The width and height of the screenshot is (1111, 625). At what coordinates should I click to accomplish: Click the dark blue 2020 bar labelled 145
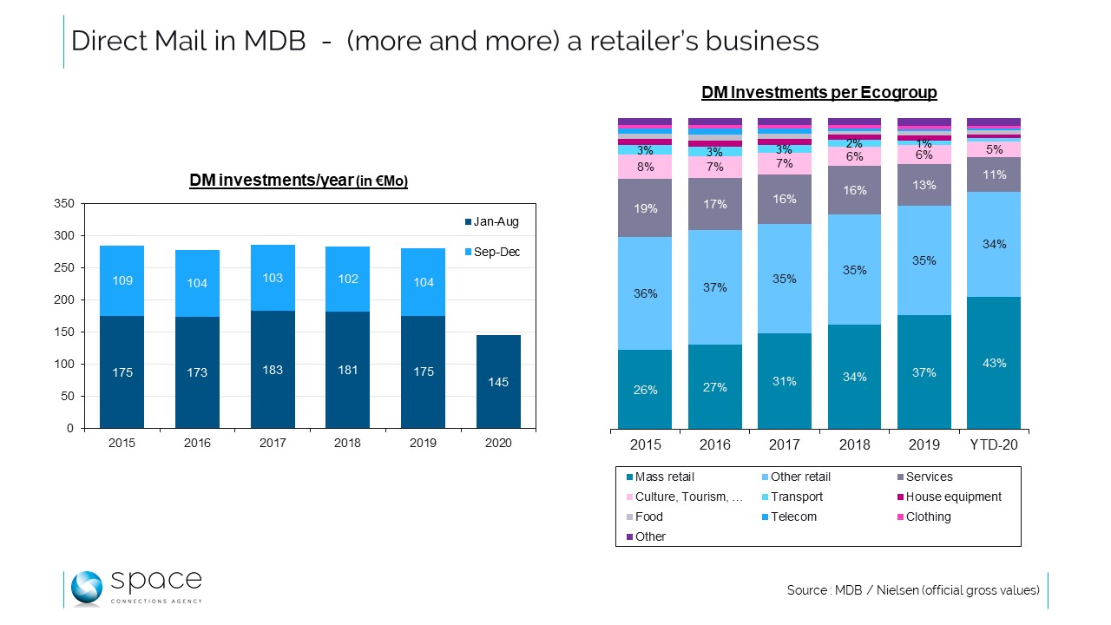point(498,382)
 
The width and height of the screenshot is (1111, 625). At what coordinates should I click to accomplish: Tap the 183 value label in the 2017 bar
point(272,371)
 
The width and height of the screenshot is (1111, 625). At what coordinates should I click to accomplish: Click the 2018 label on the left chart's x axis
point(347,443)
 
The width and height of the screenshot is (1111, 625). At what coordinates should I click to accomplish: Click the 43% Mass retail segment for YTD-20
point(994,363)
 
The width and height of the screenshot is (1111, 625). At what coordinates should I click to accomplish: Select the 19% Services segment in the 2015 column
point(645,208)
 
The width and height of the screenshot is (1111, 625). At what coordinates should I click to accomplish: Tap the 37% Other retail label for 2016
point(714,287)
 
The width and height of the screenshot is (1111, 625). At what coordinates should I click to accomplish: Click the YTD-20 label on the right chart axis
point(994,444)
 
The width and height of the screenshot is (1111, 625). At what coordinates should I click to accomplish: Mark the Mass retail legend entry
point(664,477)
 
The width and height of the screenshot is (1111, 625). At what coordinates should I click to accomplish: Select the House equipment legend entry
point(953,497)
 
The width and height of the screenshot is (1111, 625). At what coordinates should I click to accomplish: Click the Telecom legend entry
point(793,516)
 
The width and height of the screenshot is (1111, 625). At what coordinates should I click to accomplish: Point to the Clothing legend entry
point(928,516)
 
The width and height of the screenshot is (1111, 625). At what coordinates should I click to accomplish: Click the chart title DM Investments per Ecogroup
point(818,93)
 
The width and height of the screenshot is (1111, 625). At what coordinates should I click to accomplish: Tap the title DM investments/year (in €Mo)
point(299,181)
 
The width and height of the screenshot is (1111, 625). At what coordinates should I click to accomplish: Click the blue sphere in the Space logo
point(87,588)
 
